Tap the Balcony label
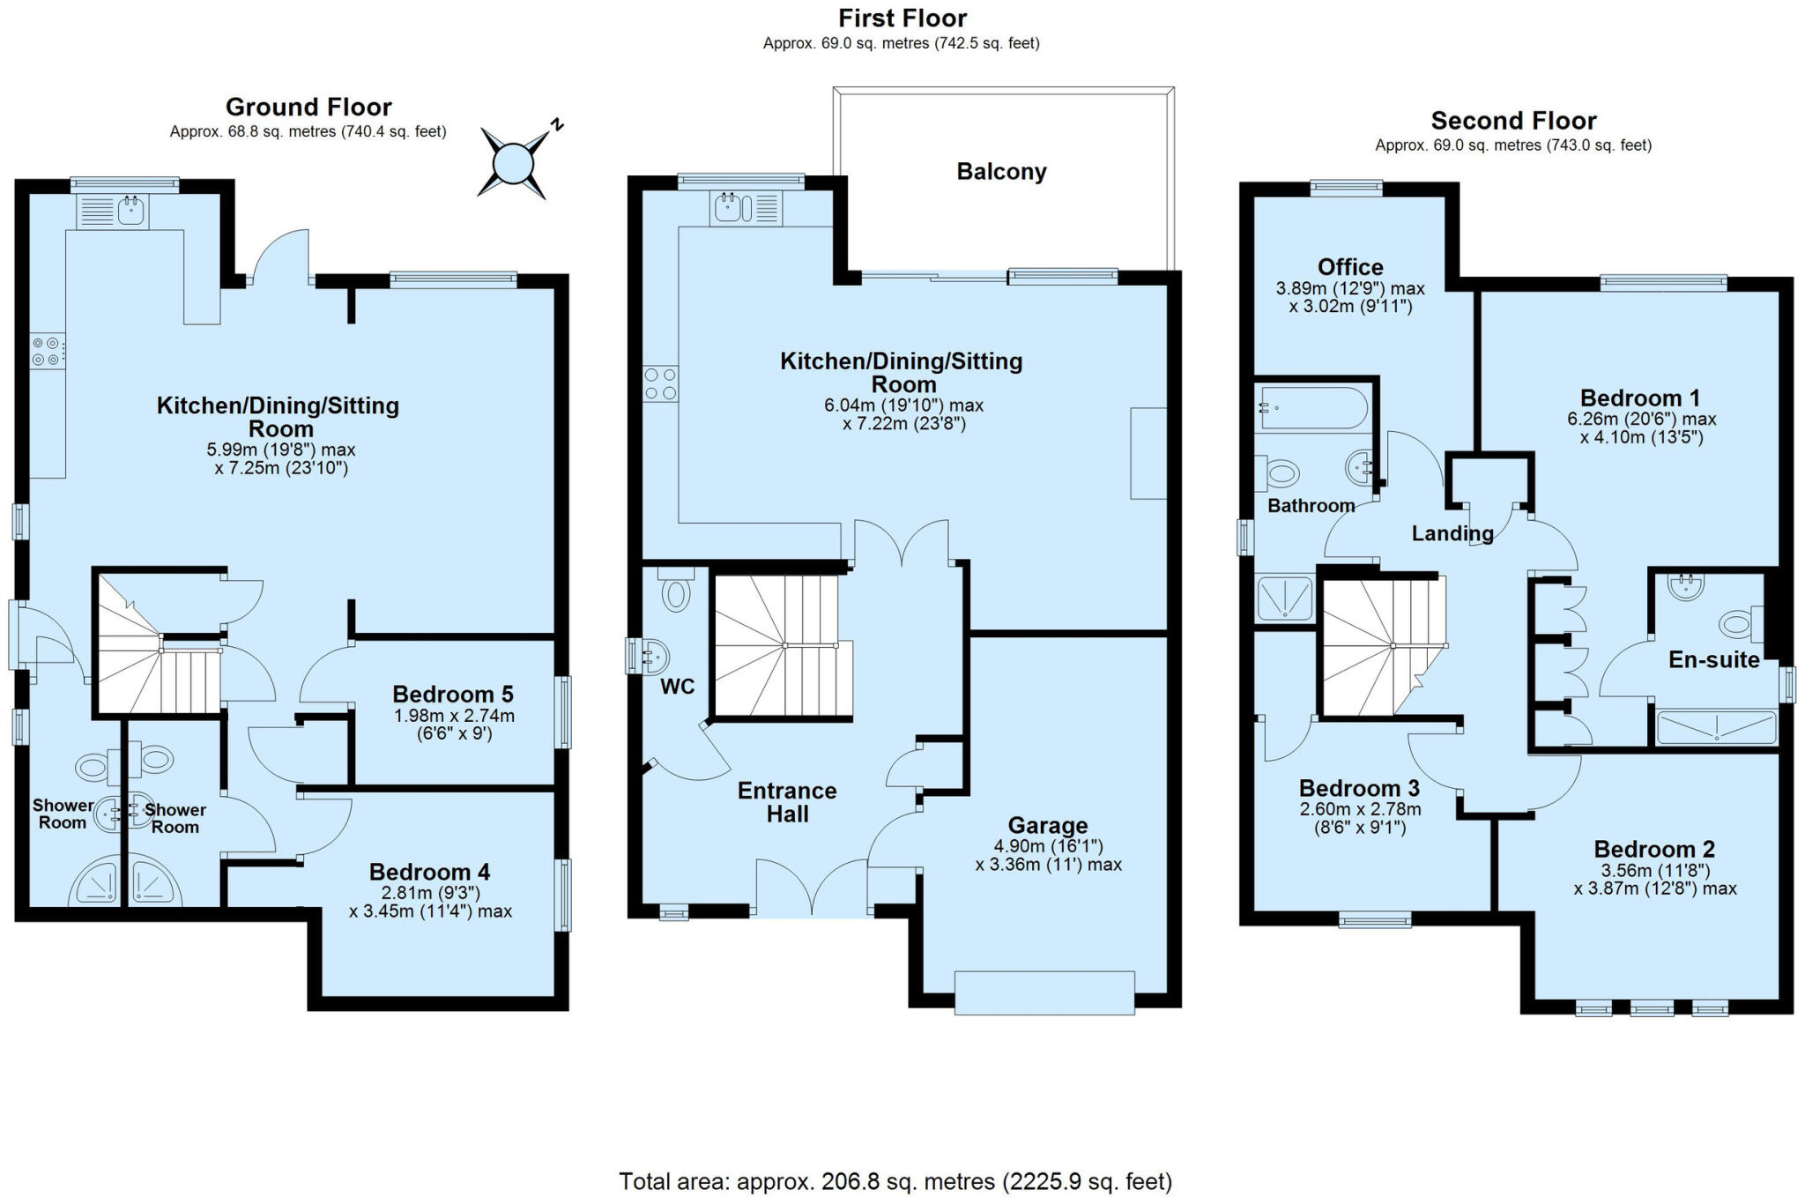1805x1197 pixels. pyautogui.click(x=1001, y=171)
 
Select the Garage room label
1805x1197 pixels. pyautogui.click(x=1047, y=826)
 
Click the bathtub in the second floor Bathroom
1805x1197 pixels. pyautogui.click(x=1313, y=408)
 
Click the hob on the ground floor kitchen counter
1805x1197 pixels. pyautogui.click(x=48, y=351)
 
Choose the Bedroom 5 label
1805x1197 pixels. pyautogui.click(x=452, y=694)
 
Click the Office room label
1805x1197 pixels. pyautogui.click(x=1349, y=266)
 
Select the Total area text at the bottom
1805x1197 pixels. pyautogui.click(x=895, y=1181)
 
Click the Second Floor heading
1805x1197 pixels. pyautogui.click(x=1512, y=121)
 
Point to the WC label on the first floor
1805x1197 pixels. pyautogui.click(x=677, y=687)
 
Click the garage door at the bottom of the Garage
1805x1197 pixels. pyautogui.click(x=1044, y=993)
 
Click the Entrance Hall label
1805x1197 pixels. pyautogui.click(x=786, y=802)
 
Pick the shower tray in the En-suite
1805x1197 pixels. pyautogui.click(x=1715, y=728)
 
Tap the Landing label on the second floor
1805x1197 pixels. pyautogui.click(x=1452, y=533)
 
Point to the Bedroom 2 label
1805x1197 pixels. pyautogui.click(x=1653, y=849)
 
